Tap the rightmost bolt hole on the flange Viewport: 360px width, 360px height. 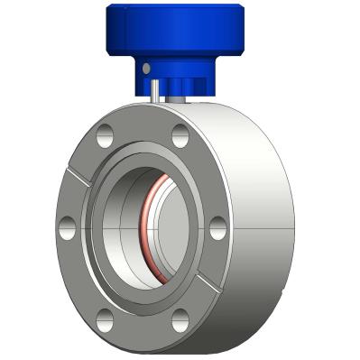point(217,228)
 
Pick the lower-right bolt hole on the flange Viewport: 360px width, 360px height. point(180,315)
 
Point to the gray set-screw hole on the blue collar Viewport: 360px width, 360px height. point(145,68)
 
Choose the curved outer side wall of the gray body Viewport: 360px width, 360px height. point(262,180)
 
